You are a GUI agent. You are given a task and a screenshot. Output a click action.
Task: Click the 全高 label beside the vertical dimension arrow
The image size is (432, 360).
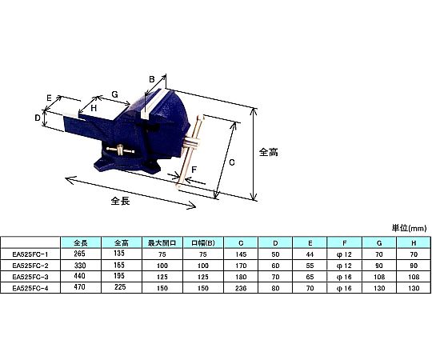click(268, 152)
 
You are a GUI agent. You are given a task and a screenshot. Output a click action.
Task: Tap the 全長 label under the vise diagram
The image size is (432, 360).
click(120, 201)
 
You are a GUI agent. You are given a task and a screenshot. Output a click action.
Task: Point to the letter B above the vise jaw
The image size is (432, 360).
click(152, 79)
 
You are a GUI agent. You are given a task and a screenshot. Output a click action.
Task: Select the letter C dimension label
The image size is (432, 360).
click(232, 162)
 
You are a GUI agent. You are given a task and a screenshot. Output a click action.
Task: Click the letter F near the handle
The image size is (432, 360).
click(194, 170)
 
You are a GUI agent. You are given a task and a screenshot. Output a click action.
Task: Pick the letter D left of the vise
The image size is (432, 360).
click(38, 118)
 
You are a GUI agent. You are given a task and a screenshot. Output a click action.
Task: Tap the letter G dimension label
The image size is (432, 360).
click(115, 94)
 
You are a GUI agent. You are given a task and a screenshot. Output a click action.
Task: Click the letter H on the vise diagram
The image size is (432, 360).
click(94, 108)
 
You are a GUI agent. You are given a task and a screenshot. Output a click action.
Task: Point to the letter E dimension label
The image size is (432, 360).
click(49, 98)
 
